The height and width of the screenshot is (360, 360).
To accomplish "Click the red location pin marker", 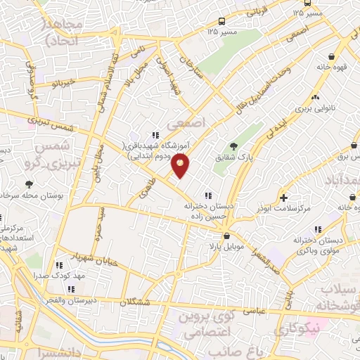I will pyautogui.click(x=181, y=166).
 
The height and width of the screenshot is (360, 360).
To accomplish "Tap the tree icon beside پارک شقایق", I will pyautogui.click(x=233, y=146).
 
